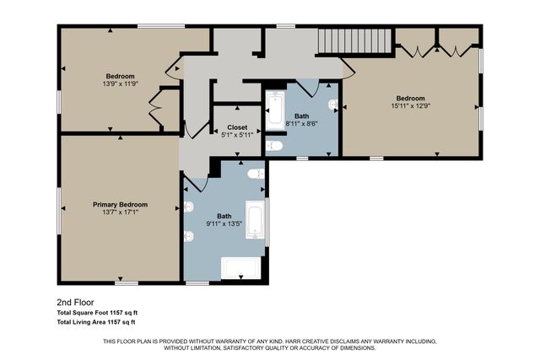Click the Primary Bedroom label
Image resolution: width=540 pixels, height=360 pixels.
120,205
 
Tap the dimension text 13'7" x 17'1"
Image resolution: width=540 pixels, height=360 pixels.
120,213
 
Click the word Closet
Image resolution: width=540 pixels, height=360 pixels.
237,126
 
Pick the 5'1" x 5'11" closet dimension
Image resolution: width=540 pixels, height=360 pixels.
237,135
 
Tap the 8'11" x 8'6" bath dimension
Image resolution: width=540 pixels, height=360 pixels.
301,123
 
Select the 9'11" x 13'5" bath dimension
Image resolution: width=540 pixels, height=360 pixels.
224,224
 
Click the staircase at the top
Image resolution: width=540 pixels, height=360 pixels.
354,40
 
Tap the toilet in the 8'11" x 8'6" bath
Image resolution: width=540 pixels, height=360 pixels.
273,146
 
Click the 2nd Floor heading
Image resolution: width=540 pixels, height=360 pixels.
74,301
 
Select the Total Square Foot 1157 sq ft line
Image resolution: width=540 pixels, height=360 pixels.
96,312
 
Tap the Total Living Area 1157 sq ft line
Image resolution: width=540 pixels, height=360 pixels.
96,322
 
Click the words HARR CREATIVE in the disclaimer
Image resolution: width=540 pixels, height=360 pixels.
320,341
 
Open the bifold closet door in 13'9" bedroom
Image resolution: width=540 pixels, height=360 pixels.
154,110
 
